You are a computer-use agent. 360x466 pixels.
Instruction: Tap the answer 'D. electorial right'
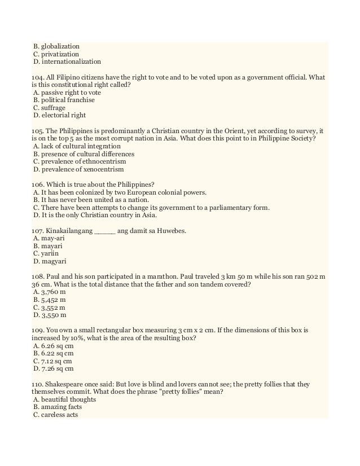(x=60, y=115)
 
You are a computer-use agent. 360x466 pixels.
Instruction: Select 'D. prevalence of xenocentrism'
(x=78, y=169)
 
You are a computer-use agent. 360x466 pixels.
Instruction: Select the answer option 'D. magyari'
(x=48, y=261)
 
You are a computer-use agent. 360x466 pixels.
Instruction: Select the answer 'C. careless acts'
(x=56, y=415)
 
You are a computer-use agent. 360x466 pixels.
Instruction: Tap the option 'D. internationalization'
(x=67, y=61)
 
